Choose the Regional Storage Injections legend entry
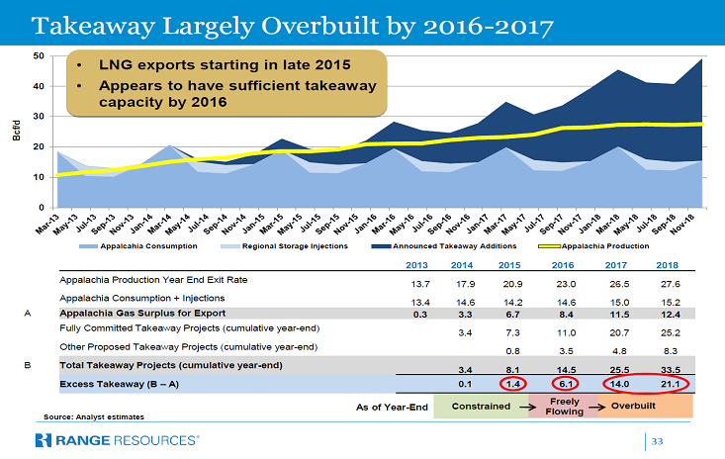click(304, 244)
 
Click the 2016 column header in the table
click(561, 266)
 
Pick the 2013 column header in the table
click(418, 266)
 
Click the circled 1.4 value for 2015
click(512, 382)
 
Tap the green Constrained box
click(481, 406)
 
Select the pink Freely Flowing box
click(561, 406)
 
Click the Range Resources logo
click(117, 439)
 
